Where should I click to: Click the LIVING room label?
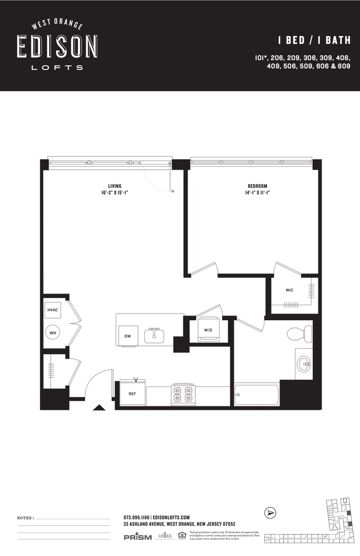click(115, 186)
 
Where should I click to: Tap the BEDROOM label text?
click(258, 186)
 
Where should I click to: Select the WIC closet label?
click(290, 290)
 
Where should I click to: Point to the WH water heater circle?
click(53, 332)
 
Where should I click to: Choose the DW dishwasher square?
click(128, 335)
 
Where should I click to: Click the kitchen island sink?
click(154, 335)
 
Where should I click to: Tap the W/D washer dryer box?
click(209, 330)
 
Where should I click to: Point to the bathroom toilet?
click(299, 334)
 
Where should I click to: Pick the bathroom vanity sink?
click(303, 365)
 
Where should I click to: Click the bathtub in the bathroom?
click(257, 395)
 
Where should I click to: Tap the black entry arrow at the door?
click(98, 408)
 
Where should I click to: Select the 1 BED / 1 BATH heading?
click(314, 40)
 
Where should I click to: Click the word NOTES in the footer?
click(26, 518)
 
